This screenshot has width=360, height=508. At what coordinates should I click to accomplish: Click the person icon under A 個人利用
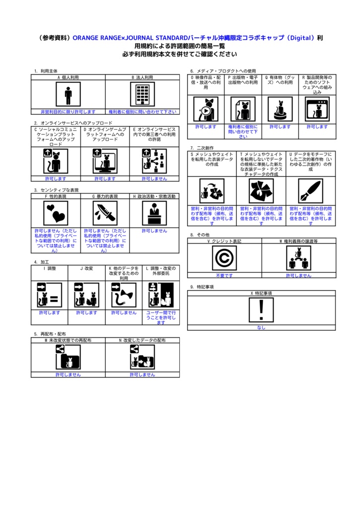68,94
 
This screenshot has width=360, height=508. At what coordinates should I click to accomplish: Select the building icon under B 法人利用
143,94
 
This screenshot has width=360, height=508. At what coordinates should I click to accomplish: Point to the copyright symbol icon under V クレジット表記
224,258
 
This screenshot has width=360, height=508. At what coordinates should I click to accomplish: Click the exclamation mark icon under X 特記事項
261,310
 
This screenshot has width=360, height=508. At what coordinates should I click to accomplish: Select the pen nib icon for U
310,191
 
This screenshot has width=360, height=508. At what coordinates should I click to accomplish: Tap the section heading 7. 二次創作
202,148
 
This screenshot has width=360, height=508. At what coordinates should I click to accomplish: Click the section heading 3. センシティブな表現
56,190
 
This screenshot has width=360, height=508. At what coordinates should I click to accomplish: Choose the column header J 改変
86,268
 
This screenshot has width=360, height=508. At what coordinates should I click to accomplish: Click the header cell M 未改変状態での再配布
68,340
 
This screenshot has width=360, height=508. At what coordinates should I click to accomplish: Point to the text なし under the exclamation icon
261,327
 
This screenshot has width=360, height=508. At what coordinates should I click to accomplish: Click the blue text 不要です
224,275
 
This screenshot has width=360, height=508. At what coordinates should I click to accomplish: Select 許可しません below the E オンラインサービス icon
154,179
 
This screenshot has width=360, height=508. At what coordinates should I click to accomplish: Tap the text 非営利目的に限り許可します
68,112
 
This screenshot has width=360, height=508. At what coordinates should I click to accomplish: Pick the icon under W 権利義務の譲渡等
298,258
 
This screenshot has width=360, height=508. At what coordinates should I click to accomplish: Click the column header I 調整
49,268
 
